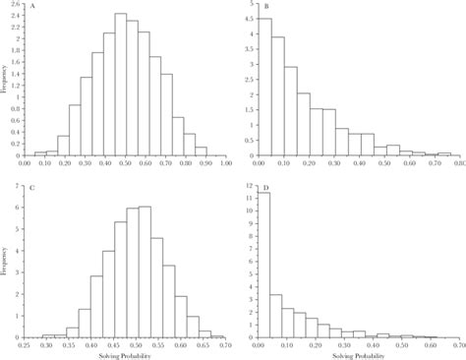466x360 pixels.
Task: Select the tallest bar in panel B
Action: pyautogui.click(x=263, y=88)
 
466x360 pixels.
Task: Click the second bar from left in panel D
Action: pyautogui.click(x=276, y=316)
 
